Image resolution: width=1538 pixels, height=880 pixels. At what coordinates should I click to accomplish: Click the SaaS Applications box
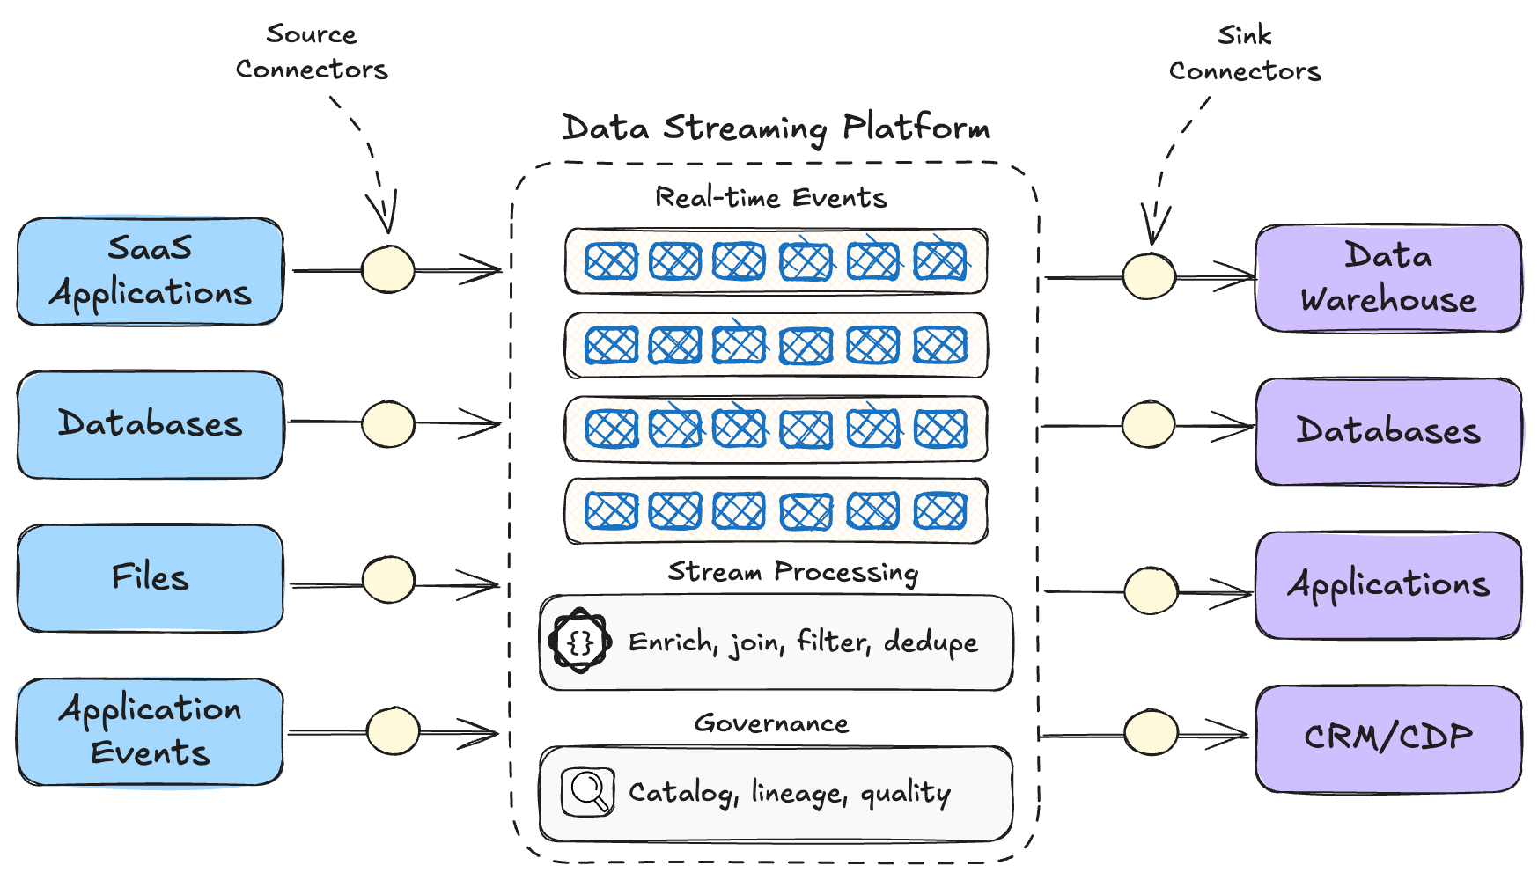(x=150, y=271)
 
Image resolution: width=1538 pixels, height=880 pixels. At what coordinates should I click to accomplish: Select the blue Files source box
(x=150, y=578)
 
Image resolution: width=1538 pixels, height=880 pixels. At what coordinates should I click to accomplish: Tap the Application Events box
(x=150, y=731)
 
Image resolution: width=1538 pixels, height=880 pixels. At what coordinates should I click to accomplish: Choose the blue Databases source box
(x=150, y=424)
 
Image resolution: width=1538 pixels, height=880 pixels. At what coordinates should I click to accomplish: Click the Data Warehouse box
(x=1387, y=278)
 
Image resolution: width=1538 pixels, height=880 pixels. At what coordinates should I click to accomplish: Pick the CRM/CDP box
(x=1387, y=737)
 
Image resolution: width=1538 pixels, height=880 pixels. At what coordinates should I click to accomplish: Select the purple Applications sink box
(x=1387, y=584)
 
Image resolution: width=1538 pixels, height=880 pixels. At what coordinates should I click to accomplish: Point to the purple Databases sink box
(x=1387, y=431)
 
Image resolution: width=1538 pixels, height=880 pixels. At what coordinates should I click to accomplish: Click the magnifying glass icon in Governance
(x=587, y=792)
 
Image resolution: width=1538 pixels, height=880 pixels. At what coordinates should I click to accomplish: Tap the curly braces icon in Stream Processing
(x=580, y=642)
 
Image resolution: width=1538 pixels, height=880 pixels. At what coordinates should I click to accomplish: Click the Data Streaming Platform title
(x=775, y=128)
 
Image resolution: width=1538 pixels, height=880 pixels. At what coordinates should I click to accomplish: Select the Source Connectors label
(x=312, y=52)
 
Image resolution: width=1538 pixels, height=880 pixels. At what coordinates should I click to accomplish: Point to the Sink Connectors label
(x=1244, y=54)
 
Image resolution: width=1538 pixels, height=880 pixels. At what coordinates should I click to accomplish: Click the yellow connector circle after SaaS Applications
(x=388, y=269)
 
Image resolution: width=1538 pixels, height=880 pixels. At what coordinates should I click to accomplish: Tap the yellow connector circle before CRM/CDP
(x=1151, y=732)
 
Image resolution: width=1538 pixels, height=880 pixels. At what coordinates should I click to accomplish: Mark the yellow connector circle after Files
(x=388, y=580)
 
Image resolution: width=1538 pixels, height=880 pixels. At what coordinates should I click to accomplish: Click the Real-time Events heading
(x=770, y=198)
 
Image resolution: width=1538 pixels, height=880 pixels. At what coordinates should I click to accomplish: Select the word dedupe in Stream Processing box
(x=931, y=642)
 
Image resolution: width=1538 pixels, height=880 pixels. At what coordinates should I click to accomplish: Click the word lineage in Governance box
(x=797, y=793)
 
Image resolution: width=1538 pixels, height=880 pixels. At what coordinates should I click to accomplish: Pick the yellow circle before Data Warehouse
(x=1149, y=276)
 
